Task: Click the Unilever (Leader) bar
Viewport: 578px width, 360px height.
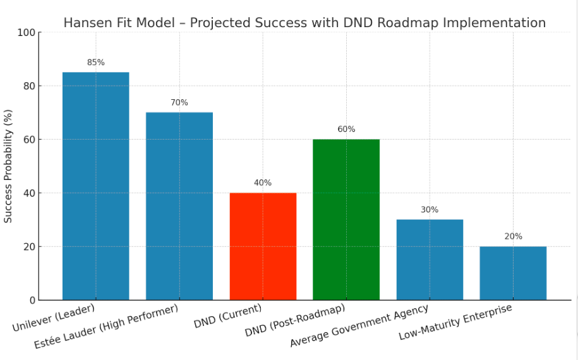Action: [95, 186]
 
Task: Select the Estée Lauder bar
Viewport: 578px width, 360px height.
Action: [179, 206]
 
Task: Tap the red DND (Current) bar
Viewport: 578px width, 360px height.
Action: [263, 246]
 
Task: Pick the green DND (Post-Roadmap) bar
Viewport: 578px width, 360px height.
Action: [346, 220]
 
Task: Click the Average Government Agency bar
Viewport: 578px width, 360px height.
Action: [430, 260]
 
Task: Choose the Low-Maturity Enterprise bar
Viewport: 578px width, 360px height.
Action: [513, 273]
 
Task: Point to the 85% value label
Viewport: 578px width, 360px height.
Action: [96, 63]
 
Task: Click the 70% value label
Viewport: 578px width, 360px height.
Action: [179, 102]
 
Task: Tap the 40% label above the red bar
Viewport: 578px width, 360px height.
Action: [263, 183]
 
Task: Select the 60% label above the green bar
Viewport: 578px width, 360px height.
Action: [346, 129]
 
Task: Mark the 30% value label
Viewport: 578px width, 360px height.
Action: [430, 210]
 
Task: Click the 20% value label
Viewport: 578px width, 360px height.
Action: [513, 236]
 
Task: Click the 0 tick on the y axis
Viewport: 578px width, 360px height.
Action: [32, 300]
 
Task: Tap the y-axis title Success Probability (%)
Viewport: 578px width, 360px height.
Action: [8, 166]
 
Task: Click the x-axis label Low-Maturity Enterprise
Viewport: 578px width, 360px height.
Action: [455, 323]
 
